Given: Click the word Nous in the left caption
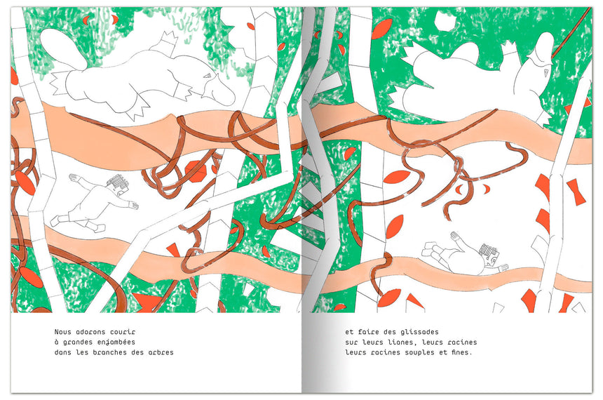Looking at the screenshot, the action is [62, 332].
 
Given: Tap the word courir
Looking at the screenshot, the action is [123, 332].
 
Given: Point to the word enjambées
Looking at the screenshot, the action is [116, 342].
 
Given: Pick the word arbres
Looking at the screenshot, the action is [161, 352].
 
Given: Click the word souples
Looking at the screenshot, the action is [420, 352].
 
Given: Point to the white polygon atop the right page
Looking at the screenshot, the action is [444, 20].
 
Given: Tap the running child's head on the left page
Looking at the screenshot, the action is [118, 183].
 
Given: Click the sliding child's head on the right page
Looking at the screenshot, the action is [489, 254].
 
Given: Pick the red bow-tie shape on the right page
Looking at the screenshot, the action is [576, 192].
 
